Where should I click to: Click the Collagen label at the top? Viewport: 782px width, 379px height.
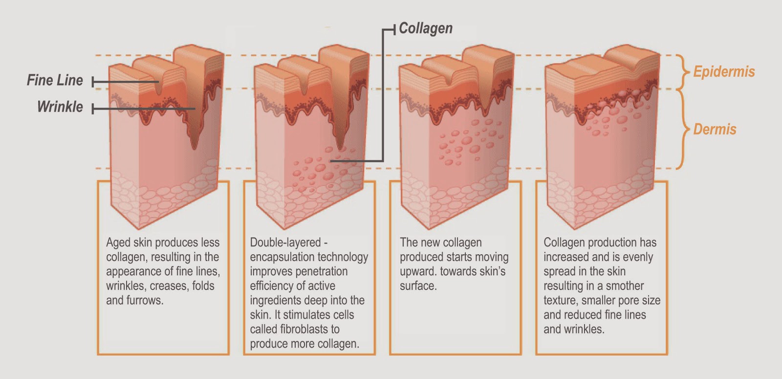(x=426, y=29)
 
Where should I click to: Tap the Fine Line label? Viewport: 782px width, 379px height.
(x=55, y=80)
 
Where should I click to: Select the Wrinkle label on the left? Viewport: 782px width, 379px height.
(x=60, y=107)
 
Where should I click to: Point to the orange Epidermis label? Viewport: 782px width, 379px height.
(x=724, y=72)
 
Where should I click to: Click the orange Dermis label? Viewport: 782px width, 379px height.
(x=715, y=129)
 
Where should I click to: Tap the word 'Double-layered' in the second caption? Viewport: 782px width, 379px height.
(x=285, y=243)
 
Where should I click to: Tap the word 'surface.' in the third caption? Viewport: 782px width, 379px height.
(x=418, y=286)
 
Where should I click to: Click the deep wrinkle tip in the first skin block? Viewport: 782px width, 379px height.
(x=195, y=149)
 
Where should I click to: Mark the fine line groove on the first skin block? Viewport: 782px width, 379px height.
(x=159, y=86)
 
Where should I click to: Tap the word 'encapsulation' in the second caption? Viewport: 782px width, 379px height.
(x=282, y=257)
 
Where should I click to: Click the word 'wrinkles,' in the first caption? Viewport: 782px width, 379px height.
(x=126, y=286)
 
